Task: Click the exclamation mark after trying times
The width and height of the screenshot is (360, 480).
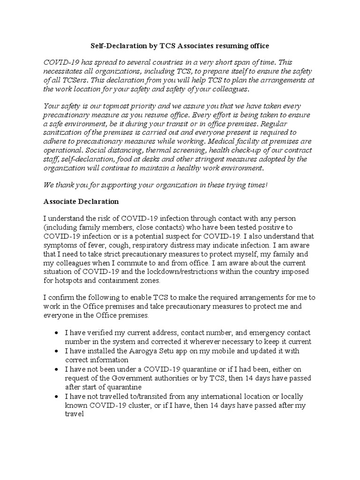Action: point(266,185)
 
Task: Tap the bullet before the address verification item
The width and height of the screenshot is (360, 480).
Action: point(56,333)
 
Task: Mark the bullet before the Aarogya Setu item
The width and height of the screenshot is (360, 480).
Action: point(56,351)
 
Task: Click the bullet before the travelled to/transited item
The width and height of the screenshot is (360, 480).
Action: point(56,396)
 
